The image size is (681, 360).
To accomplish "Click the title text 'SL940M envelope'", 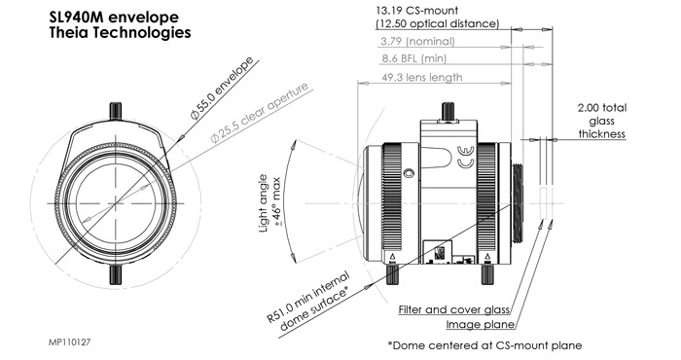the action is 114,18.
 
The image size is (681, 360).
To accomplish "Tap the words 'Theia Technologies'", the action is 121,32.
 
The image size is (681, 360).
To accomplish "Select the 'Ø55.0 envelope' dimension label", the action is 222,88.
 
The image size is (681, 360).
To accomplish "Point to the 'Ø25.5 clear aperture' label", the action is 260,112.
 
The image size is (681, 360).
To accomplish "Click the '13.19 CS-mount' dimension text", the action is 417,10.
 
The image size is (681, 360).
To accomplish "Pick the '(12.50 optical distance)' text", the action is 438,23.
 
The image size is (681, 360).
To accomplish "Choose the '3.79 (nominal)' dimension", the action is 417,41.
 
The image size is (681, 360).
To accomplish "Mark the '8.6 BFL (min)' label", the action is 413,58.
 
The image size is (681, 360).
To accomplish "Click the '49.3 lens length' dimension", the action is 421,77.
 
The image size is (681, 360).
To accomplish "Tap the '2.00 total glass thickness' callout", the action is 602,121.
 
